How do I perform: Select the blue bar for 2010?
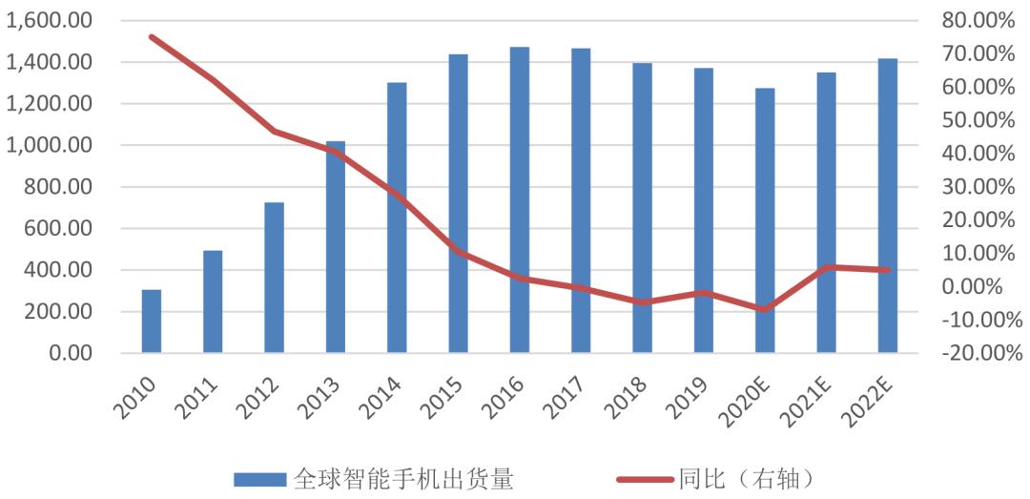[x=152, y=322]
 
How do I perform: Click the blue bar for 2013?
[x=336, y=247]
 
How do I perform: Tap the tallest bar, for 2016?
[x=520, y=200]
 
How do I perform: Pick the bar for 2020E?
[x=765, y=220]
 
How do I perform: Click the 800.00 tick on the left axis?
[x=59, y=187]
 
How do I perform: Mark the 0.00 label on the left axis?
[x=72, y=353]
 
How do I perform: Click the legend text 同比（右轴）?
[x=749, y=478]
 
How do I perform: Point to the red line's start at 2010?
[x=152, y=37]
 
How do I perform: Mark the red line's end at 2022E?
[x=888, y=270]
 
